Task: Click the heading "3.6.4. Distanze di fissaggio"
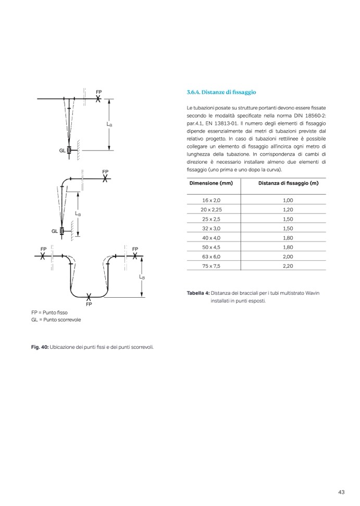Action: pos(221,92)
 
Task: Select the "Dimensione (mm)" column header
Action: pos(211,183)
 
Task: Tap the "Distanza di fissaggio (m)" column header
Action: pos(288,183)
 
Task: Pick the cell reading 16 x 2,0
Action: pos(212,200)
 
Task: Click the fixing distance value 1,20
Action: pos(288,209)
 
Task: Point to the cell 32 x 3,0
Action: pos(212,228)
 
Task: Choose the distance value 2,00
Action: pos(288,256)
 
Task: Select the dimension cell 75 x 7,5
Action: pos(212,265)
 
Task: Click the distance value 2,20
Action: pos(288,265)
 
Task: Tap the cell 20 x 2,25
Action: pos(211,209)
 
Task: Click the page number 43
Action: pos(342,492)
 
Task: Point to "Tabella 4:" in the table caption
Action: pos(197,294)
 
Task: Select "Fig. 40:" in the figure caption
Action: pos(40,347)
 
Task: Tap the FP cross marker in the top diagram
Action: pos(98,99)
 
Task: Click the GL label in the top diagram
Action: pos(62,150)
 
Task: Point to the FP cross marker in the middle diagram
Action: pos(106,178)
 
